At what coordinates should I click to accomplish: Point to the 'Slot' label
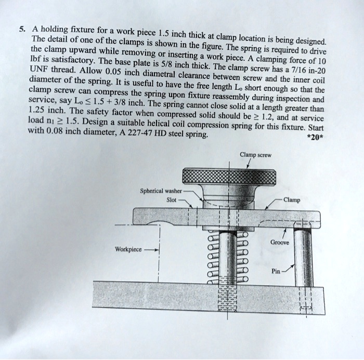pyautogui.click(x=172, y=199)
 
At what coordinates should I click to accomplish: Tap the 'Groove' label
pyautogui.click(x=281, y=242)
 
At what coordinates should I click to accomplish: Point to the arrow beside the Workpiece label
pyautogui.click(x=153, y=249)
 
